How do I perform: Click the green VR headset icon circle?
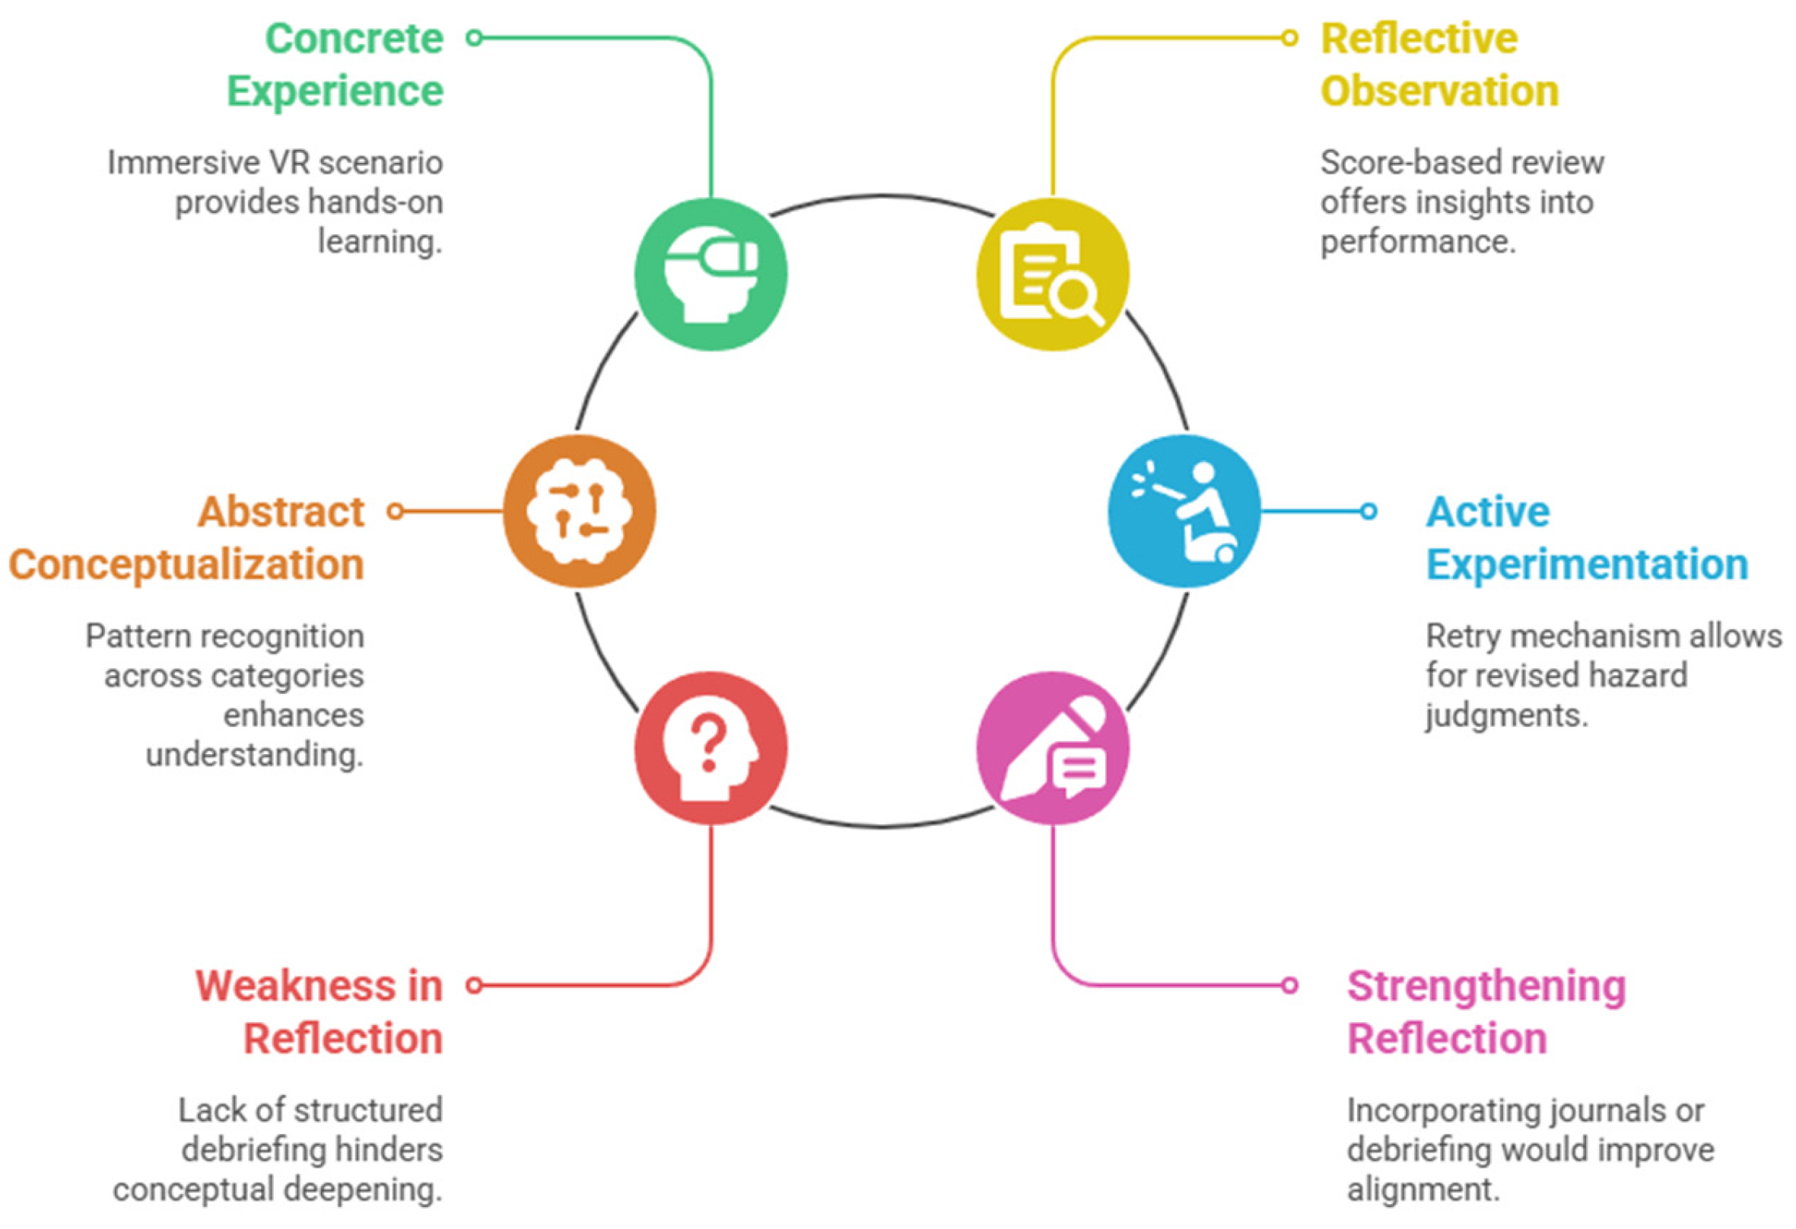pos(711,275)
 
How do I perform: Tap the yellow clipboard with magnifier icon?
pos(1053,275)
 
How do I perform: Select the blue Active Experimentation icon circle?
pos(1184,511)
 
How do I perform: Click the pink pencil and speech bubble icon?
pos(1053,747)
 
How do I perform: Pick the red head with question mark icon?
pos(711,747)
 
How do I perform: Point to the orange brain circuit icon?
pos(580,511)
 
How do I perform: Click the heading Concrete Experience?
pos(335,65)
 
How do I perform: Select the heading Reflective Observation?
pos(1440,65)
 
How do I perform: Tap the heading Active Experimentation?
pos(1588,538)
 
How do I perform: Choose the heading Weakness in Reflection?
pos(319,1012)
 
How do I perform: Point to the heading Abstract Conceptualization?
pos(186,538)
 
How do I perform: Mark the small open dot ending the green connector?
pos(475,37)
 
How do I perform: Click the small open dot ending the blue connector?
pos(1368,511)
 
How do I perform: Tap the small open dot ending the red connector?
pos(475,985)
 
